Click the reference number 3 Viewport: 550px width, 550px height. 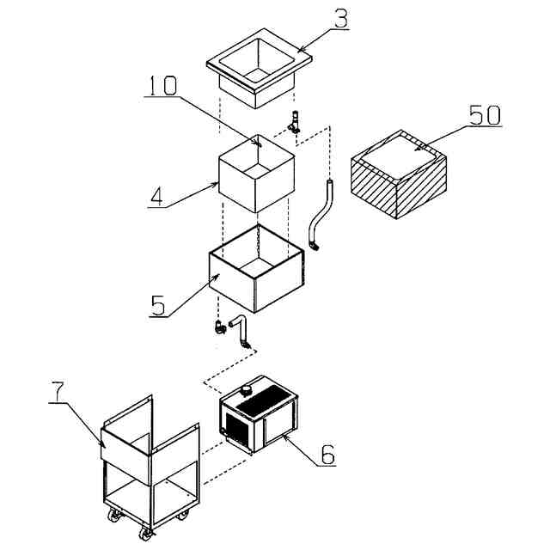pos(341,19)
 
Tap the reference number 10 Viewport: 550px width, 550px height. pos(162,86)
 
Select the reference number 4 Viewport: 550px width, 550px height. pos(156,197)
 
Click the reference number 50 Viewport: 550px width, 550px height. pos(485,116)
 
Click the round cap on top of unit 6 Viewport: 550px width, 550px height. pos(247,388)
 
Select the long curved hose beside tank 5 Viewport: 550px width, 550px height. pos(320,215)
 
